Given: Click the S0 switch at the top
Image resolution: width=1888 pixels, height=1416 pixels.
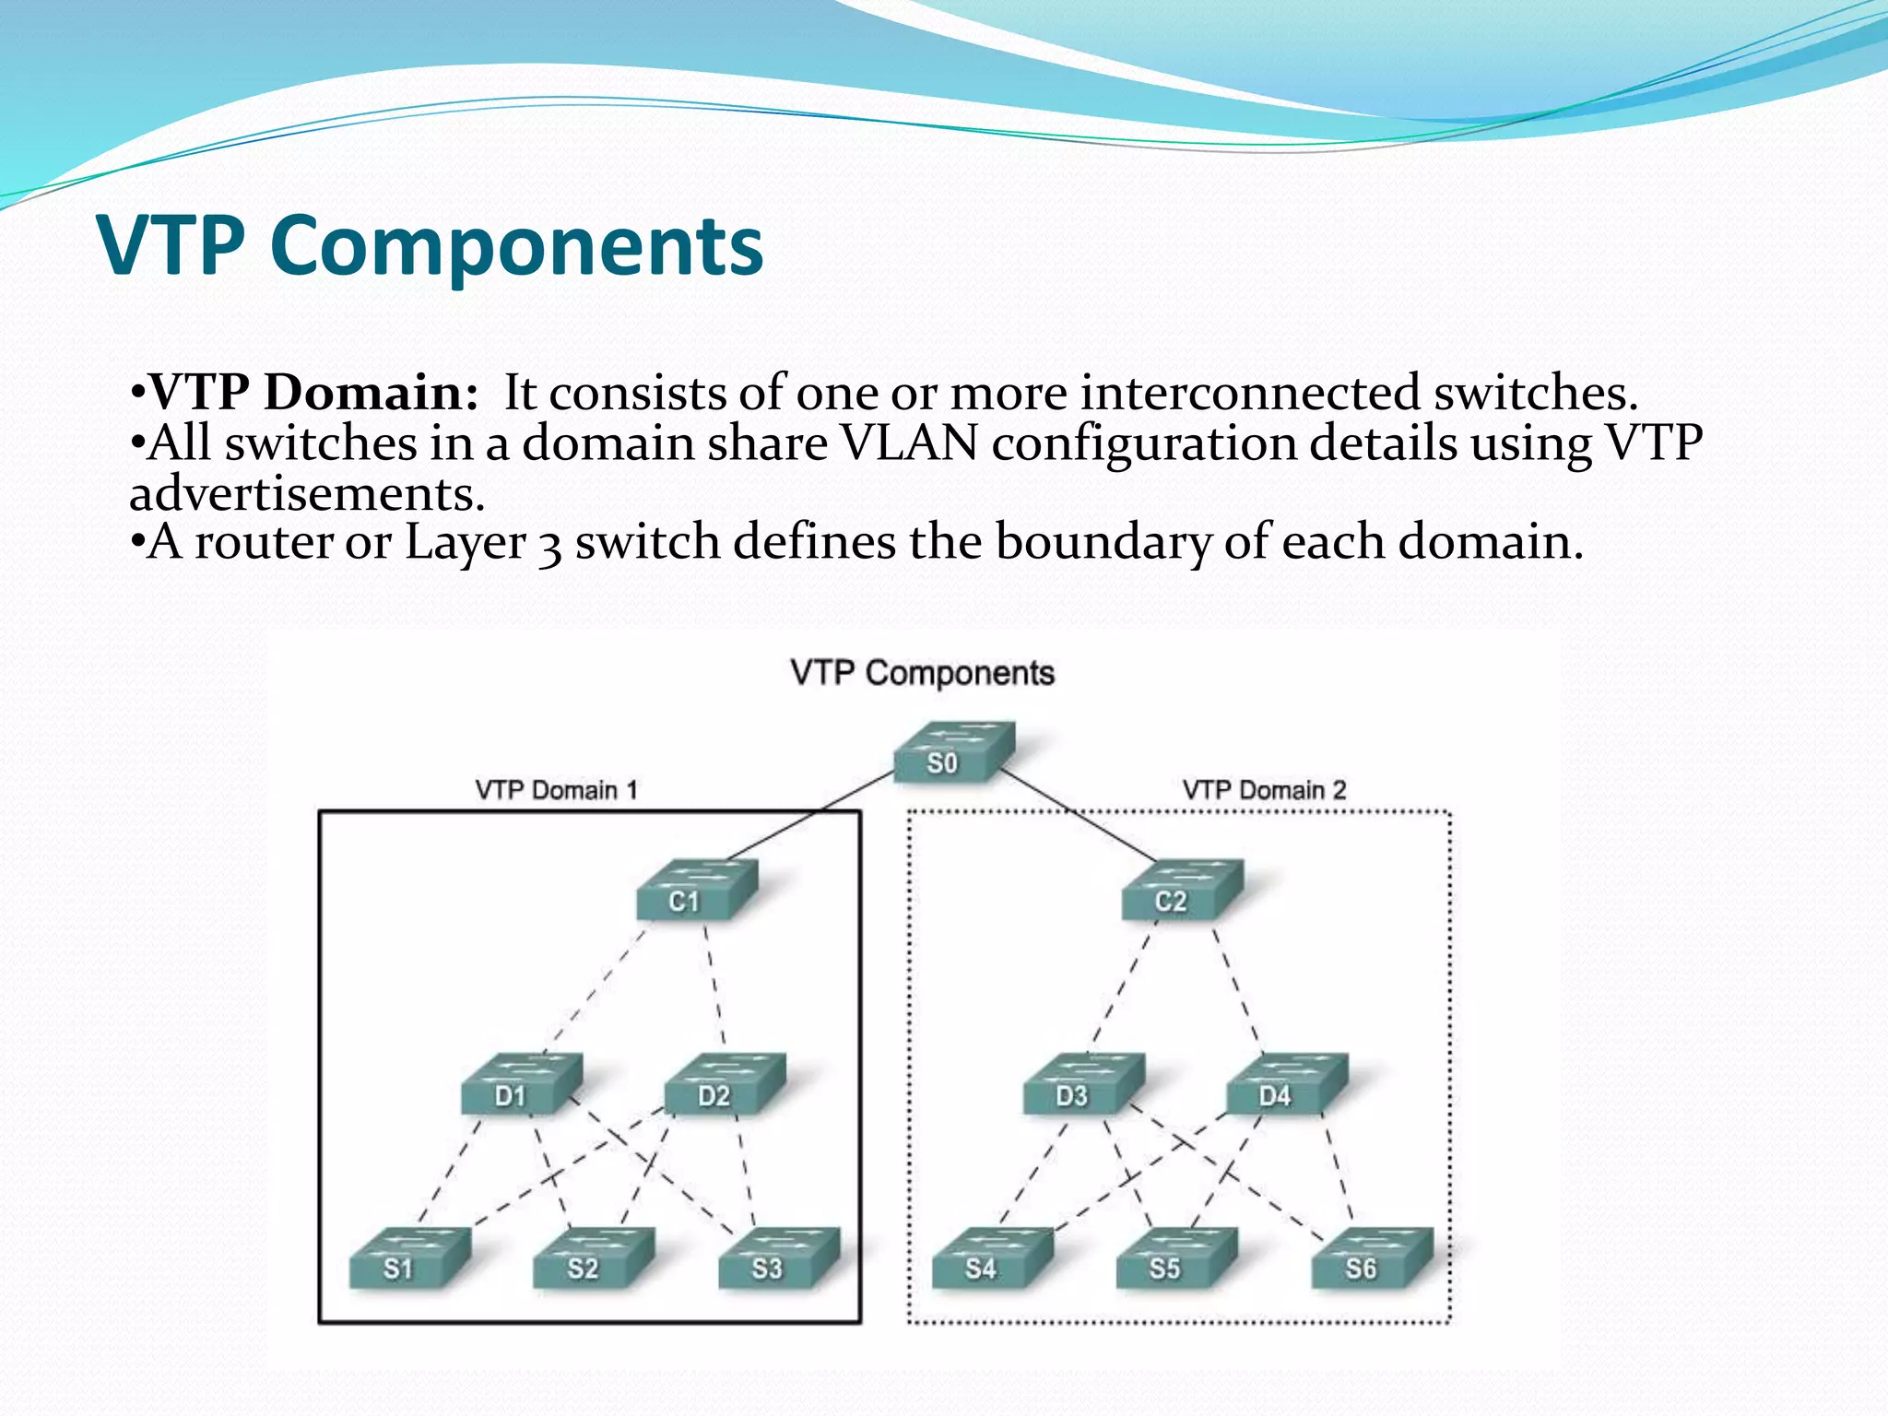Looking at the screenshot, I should click(x=954, y=752).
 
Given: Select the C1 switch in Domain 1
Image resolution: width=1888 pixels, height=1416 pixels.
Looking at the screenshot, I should click(x=697, y=891).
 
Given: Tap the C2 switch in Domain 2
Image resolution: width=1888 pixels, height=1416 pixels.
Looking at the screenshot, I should click(x=1182, y=891).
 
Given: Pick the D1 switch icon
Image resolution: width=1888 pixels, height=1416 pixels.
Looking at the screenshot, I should click(x=522, y=1085).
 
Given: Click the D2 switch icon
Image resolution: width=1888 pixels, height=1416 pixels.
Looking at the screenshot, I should click(x=725, y=1085).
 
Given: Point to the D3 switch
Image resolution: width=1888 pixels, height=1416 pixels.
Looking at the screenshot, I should click(x=1084, y=1085).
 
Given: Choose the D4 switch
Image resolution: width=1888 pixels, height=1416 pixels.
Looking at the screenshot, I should click(x=1287, y=1085).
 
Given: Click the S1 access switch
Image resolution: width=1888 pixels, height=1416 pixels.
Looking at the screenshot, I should click(x=410, y=1258).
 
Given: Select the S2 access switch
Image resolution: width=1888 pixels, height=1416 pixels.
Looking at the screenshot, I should click(x=595, y=1258).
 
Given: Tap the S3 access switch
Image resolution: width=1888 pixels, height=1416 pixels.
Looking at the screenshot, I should click(x=779, y=1258).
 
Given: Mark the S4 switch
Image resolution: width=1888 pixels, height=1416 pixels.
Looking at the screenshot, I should click(x=993, y=1258).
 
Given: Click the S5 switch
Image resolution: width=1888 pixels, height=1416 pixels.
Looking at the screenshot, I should click(x=1176, y=1258).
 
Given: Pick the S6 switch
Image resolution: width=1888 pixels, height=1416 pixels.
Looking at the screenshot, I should click(x=1373, y=1258).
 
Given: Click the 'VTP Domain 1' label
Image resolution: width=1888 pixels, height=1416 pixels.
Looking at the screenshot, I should click(x=556, y=790).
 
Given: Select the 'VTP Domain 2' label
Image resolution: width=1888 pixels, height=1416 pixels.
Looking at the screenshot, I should click(x=1264, y=790).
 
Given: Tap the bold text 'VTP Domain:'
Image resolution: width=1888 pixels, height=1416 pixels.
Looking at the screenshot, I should click(x=313, y=394).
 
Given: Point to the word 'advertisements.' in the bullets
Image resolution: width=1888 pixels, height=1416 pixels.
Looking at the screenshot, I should click(x=307, y=494).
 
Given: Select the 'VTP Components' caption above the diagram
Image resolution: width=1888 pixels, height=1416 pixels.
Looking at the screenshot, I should click(x=922, y=673).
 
